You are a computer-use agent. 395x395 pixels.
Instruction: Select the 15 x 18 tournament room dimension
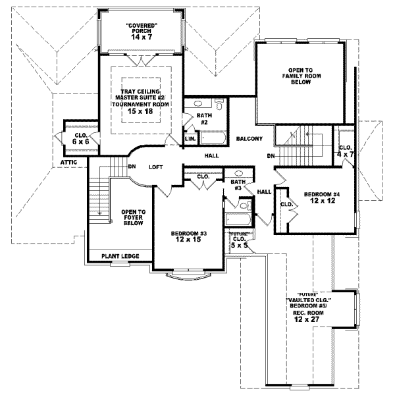(x=140, y=113)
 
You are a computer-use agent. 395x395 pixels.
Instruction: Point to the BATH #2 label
(x=204, y=119)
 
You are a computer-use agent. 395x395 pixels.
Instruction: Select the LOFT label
(x=155, y=167)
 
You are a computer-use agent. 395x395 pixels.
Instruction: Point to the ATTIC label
(x=70, y=161)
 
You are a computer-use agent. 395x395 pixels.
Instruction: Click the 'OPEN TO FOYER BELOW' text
(x=133, y=217)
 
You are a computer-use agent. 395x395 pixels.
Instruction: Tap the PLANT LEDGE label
(x=120, y=255)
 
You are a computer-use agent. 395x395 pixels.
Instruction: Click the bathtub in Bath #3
(x=236, y=220)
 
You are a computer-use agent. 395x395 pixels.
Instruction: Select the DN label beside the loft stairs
(x=132, y=167)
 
